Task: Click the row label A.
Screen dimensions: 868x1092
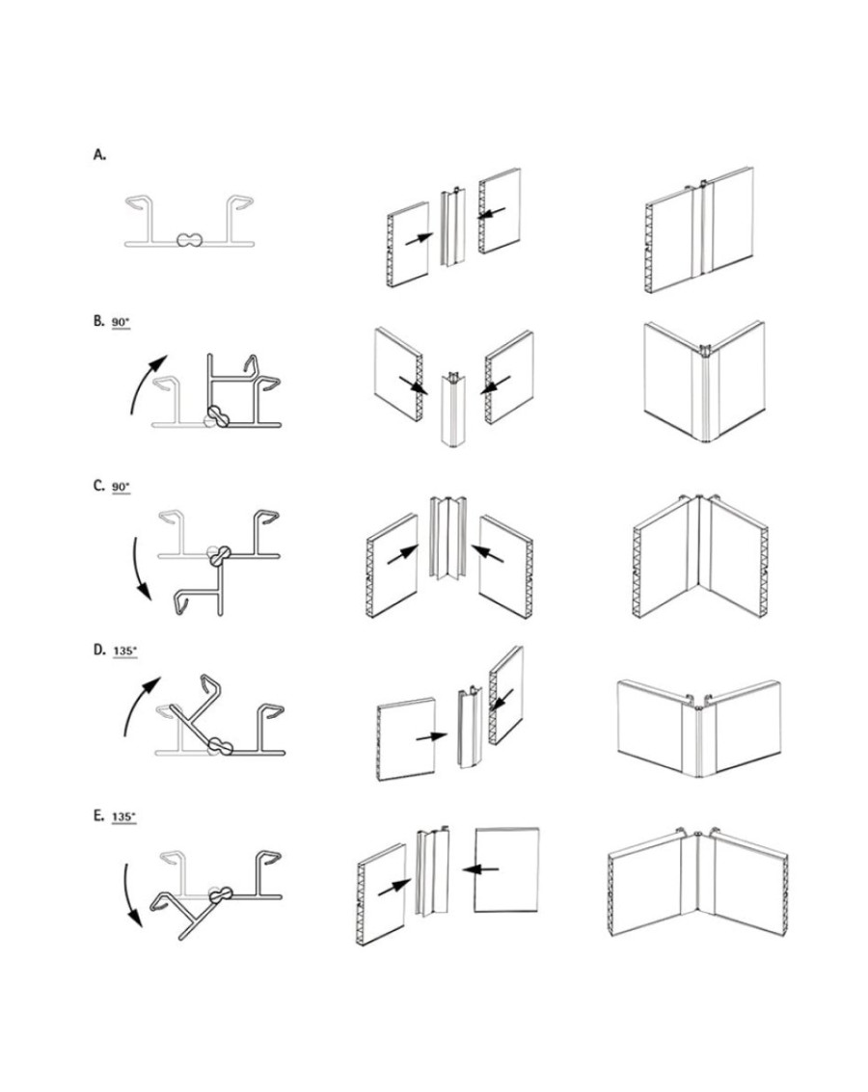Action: click(99, 154)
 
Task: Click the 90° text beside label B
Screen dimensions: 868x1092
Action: click(121, 323)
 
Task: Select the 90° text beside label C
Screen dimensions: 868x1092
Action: click(121, 487)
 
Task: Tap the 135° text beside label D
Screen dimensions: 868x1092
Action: click(124, 652)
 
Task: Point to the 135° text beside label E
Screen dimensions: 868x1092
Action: click(123, 816)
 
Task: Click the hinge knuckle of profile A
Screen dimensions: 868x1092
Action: click(189, 240)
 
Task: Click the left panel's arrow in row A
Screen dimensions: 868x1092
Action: click(420, 237)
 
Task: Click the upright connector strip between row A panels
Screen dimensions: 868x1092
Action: click(452, 226)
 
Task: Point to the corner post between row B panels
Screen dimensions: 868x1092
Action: click(453, 410)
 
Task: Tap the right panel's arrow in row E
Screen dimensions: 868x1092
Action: click(480, 868)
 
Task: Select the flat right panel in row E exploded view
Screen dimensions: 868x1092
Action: click(506, 869)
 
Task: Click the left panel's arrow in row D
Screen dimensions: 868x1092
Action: click(432, 736)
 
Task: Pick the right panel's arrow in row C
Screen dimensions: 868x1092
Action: click(489, 554)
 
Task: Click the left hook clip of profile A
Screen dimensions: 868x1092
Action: click(149, 209)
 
